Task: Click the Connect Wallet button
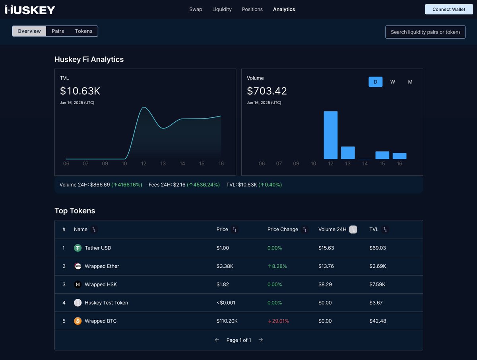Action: tap(448, 9)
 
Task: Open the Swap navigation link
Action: tap(196, 9)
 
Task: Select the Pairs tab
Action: tap(58, 31)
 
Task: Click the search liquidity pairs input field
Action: tap(425, 32)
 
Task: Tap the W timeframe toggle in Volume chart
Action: tap(392, 82)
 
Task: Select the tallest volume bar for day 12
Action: tap(330, 135)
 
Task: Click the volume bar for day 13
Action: tap(348, 153)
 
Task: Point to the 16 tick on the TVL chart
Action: tap(221, 163)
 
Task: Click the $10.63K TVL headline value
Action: tap(80, 91)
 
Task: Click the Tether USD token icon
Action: tap(78, 248)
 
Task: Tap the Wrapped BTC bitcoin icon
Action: tap(78, 321)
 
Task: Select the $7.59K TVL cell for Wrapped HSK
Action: tap(377, 284)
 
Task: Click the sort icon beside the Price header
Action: tap(235, 230)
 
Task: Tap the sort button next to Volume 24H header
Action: tap(353, 230)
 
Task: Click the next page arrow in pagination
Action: tap(261, 340)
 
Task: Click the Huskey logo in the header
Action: tap(30, 10)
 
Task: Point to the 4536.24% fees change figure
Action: tap(205, 185)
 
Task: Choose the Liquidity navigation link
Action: tap(222, 9)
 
